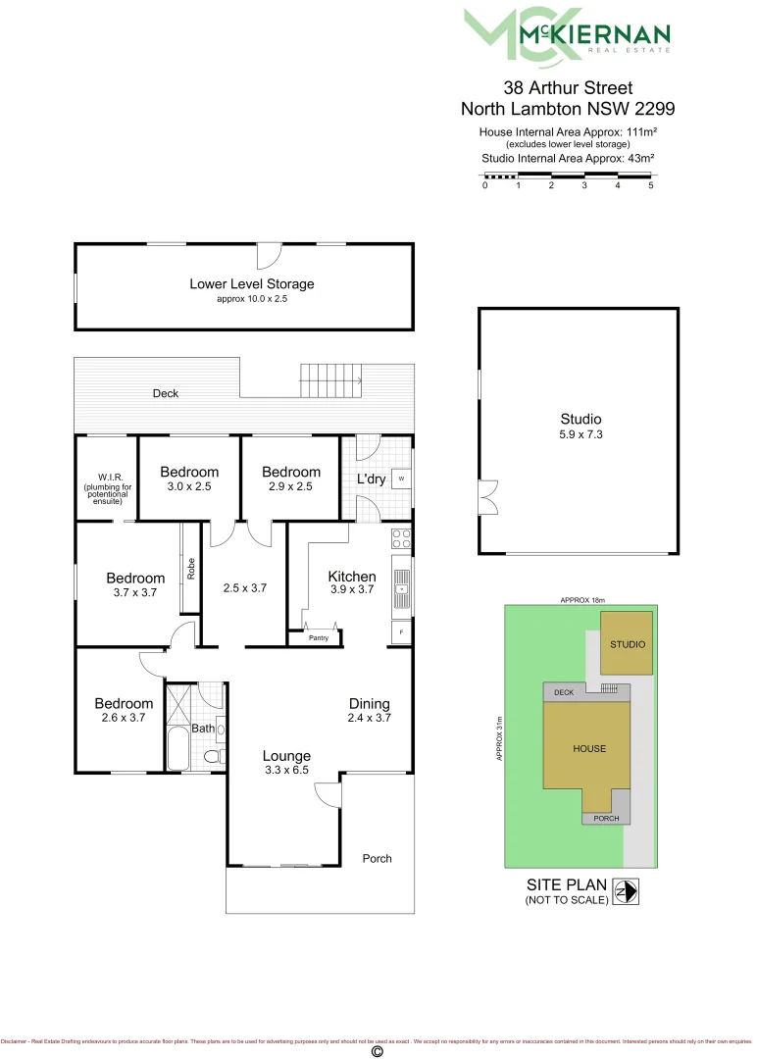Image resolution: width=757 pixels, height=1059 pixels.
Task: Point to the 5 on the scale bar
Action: coord(651,185)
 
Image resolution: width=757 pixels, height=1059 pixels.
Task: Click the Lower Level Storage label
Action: coord(252,284)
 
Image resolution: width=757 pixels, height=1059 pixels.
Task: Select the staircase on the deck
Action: coord(330,377)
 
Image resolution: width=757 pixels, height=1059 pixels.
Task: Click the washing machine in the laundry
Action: coord(401,479)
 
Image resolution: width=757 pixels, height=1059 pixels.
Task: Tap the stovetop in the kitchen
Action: coord(401,537)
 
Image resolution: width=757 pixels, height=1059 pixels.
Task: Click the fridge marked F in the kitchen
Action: coord(401,632)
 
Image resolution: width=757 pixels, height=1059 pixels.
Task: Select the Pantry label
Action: coord(319,638)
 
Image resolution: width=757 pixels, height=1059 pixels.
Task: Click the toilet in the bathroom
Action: coord(210,757)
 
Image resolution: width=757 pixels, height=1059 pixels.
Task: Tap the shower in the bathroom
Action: coord(181,701)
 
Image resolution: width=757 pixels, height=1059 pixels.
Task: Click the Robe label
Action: coord(191,569)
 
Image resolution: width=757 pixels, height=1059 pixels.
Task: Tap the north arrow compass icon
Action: coord(626,893)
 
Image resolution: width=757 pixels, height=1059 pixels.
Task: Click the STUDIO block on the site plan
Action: coord(627,643)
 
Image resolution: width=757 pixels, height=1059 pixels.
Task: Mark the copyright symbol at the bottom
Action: coord(377,1051)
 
